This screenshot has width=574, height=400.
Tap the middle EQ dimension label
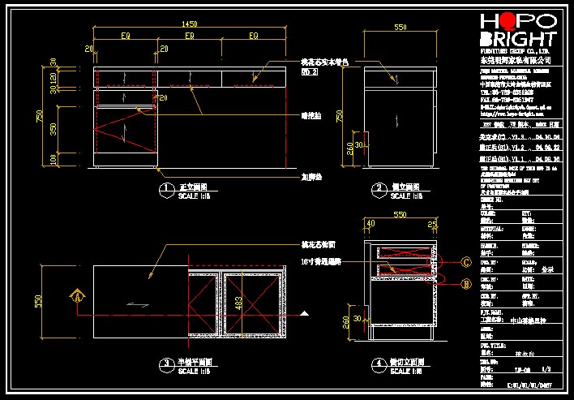click(x=190, y=37)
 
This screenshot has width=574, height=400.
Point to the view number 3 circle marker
click(x=165, y=363)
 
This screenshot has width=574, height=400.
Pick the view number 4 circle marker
click(x=379, y=363)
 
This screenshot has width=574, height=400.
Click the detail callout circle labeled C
click(x=465, y=262)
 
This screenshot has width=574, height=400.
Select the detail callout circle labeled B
click(x=465, y=284)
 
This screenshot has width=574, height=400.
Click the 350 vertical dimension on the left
click(x=54, y=130)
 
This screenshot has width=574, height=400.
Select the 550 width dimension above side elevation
click(x=400, y=27)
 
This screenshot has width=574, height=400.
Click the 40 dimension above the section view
click(x=371, y=222)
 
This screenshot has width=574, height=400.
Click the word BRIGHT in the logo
click(x=518, y=41)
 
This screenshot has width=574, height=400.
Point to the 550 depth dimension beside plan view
click(x=38, y=301)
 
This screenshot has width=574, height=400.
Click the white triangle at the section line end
click(x=305, y=313)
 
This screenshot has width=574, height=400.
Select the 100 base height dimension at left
click(x=54, y=158)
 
